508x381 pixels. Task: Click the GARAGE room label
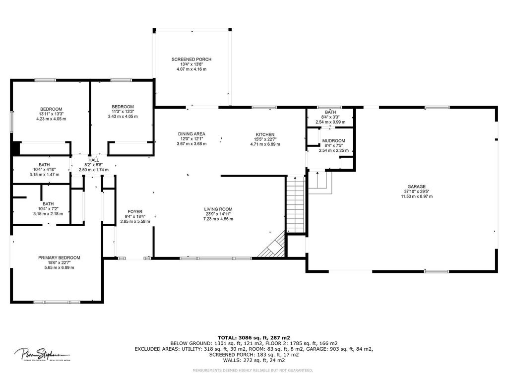(x=416, y=187)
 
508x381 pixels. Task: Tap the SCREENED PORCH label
(x=191, y=60)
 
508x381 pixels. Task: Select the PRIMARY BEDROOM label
(x=60, y=258)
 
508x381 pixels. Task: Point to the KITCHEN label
(x=265, y=134)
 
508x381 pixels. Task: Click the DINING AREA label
(x=191, y=134)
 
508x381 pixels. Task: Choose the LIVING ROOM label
(x=218, y=209)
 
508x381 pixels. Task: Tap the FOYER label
(x=135, y=212)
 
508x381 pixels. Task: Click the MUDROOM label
(x=334, y=141)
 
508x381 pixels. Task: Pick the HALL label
(x=94, y=160)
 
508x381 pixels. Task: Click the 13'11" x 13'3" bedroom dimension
(x=51, y=114)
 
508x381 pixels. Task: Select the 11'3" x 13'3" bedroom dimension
(x=123, y=112)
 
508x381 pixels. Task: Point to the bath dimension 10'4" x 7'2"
(x=48, y=209)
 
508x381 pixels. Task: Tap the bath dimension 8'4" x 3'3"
(x=330, y=117)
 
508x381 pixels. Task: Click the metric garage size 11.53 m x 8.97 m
(x=417, y=196)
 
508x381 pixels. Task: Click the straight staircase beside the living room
(x=296, y=204)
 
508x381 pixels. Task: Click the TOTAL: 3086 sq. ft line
(x=254, y=337)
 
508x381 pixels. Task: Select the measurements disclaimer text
(x=253, y=370)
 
